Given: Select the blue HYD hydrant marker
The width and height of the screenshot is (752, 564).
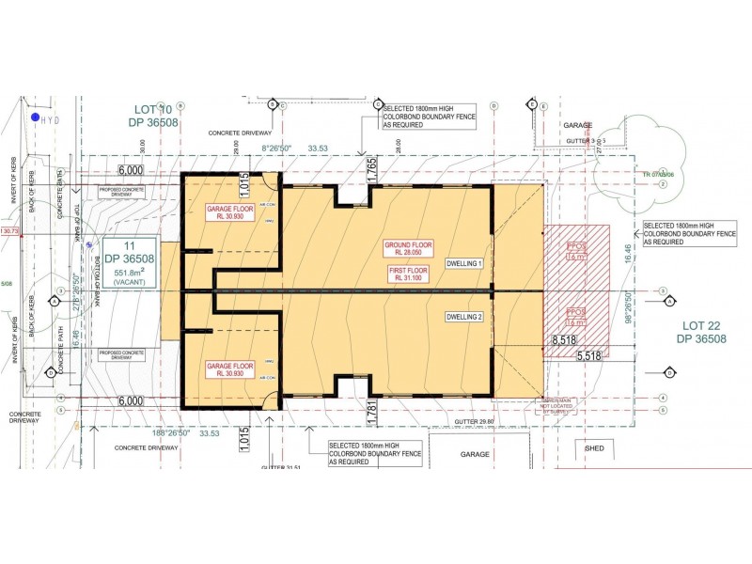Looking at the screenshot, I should [35, 117].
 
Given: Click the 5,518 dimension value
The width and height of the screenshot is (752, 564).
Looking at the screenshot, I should [588, 356].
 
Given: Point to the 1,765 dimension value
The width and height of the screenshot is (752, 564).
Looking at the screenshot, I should [372, 170].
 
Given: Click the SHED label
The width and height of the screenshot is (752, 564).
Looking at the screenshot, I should [595, 448].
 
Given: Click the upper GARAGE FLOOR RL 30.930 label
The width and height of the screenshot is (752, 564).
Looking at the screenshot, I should [230, 213].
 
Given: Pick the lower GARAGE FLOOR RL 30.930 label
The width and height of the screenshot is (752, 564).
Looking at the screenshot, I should [230, 369].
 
